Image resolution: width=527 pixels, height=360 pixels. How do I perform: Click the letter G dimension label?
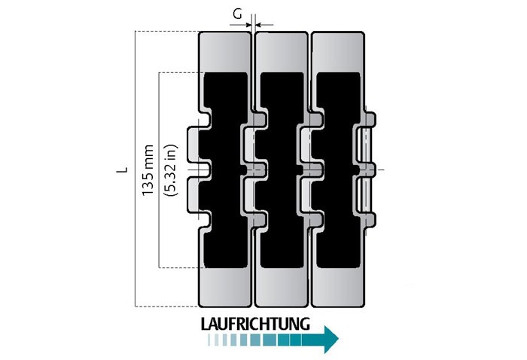coord(238,14)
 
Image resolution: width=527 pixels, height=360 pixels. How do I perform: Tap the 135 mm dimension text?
coord(148,170)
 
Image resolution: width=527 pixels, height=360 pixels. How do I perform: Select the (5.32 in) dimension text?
coord(170,170)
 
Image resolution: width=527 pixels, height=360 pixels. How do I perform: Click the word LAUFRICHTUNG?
coord(255,324)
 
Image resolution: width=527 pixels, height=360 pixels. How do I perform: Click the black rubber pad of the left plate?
coord(225,170)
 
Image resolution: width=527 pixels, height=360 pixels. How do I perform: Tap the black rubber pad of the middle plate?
coord(282,170)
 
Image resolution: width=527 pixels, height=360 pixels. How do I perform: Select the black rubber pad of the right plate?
coord(339,170)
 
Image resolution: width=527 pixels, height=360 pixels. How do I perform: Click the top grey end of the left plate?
coord(225,53)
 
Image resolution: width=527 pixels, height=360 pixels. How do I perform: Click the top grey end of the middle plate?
coord(282,53)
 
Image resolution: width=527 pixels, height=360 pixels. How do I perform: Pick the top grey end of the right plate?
coord(339,53)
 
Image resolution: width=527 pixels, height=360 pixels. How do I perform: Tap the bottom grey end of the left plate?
coord(225,288)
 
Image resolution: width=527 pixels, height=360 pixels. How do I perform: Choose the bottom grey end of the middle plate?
coord(282,288)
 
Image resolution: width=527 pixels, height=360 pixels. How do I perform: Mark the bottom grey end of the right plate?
coord(339,288)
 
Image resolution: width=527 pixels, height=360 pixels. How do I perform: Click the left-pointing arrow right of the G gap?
coord(264,25)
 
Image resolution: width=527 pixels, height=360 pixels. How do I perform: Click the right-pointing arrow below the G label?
coord(240,25)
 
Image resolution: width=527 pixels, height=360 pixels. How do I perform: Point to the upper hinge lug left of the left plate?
coord(193,144)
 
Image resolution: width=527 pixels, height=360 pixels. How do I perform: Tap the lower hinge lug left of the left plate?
coord(193,196)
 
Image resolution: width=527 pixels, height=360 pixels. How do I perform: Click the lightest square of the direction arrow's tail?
coord(210,340)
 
